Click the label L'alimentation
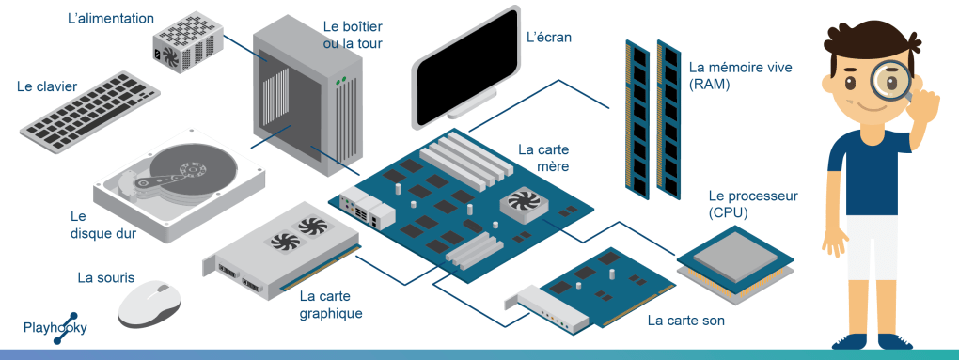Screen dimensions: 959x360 111,19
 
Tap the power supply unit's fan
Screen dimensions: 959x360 169,57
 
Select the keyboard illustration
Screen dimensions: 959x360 90,111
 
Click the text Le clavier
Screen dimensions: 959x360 47,86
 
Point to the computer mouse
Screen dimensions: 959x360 149,304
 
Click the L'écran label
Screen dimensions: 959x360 549,38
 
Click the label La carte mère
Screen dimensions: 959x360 543,158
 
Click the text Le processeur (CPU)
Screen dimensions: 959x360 753,205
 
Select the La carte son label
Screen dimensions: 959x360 685,321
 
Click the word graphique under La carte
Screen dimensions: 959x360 331,314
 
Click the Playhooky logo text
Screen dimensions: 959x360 55,328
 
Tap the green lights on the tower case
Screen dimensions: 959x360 340,80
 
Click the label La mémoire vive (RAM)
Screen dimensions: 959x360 741,76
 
